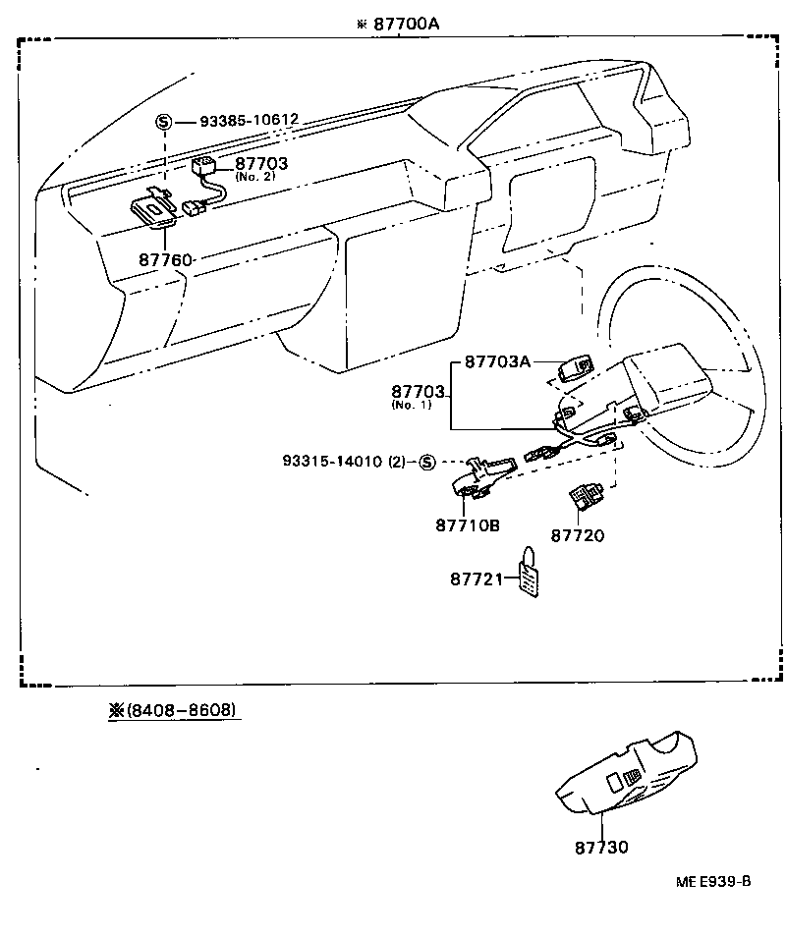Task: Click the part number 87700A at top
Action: (405, 23)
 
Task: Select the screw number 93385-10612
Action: (249, 121)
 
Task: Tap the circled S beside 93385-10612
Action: (164, 121)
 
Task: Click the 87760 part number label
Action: (165, 259)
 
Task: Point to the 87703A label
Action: (496, 362)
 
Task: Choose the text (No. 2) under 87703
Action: (255, 177)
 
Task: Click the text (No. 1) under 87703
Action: (411, 405)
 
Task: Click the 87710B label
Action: (468, 525)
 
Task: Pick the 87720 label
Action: (578, 535)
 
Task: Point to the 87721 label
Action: (477, 579)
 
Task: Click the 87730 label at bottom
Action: (601, 847)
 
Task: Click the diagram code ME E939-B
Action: (712, 881)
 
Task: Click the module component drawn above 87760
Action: (154, 208)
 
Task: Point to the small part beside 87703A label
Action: (572, 371)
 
